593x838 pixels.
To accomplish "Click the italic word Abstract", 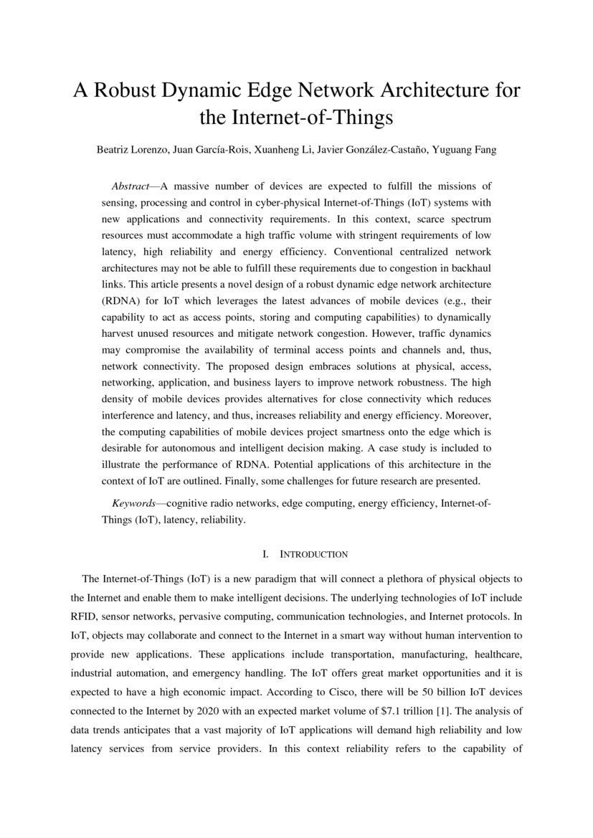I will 130,185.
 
